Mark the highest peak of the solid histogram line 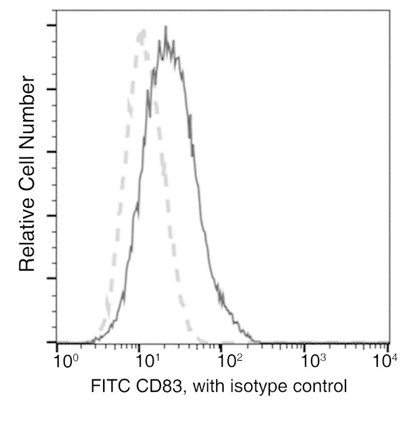pos(166,27)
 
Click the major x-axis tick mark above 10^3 pos(306,346)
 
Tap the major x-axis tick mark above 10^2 pos(223,346)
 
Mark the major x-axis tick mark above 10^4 pos(389,346)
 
